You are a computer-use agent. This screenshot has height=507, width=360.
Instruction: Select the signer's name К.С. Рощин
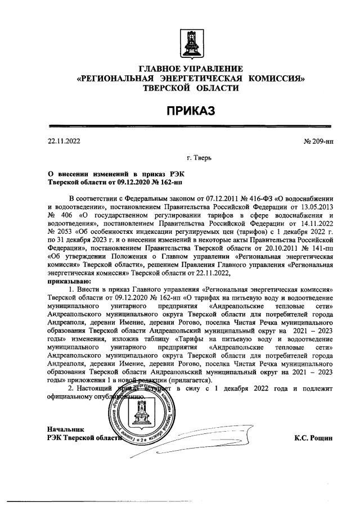313,438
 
